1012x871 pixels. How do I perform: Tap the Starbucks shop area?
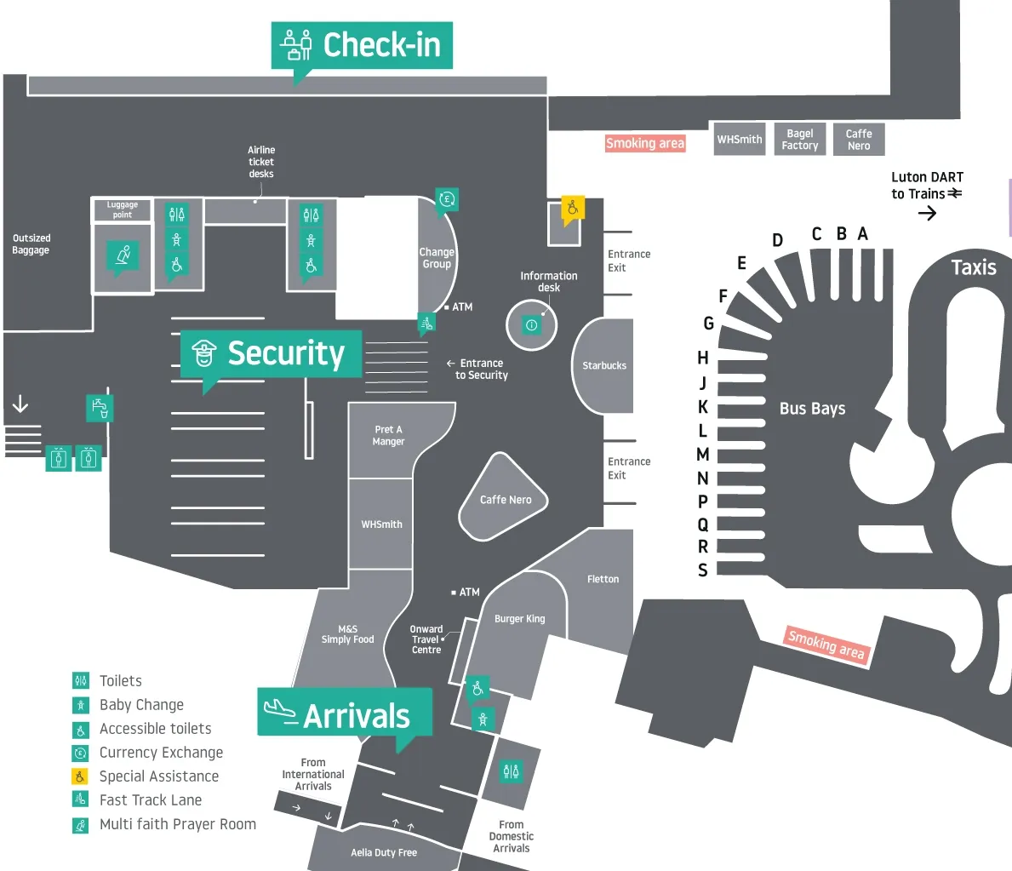click(x=604, y=365)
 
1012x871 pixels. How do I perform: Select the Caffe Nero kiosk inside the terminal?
click(x=505, y=499)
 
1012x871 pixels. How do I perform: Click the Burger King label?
click(x=519, y=619)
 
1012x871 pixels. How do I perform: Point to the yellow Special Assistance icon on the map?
click(x=573, y=208)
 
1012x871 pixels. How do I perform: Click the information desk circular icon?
click(x=532, y=324)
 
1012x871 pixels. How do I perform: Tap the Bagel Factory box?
click(x=800, y=140)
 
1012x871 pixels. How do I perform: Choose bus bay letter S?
click(x=703, y=570)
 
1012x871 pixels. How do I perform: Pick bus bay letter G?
click(x=708, y=324)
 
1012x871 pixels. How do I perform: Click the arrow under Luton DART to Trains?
click(x=927, y=213)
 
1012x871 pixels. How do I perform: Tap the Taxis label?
click(x=973, y=267)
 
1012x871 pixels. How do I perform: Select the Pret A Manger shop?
click(x=388, y=436)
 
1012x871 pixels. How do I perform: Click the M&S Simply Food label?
click(x=347, y=634)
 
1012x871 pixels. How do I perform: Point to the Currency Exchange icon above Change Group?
click(x=447, y=200)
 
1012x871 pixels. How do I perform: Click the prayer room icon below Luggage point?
click(x=123, y=255)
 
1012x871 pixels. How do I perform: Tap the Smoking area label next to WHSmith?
click(x=644, y=143)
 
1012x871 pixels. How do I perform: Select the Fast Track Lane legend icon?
click(x=81, y=799)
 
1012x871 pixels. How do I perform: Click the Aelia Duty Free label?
click(x=384, y=852)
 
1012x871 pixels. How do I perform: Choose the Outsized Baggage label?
click(x=31, y=244)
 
